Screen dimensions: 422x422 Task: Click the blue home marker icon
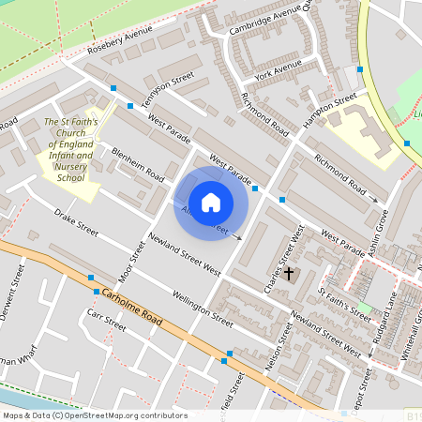point(211,202)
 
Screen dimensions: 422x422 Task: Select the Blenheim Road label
point(138,165)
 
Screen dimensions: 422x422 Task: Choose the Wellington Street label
point(203,309)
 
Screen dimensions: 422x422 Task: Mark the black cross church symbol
point(289,274)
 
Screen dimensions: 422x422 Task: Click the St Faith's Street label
point(345,305)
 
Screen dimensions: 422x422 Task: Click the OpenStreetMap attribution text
point(94,415)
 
